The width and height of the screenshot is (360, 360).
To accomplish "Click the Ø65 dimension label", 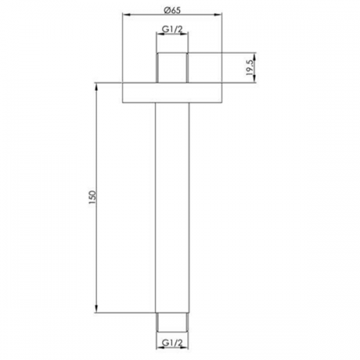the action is [172, 10].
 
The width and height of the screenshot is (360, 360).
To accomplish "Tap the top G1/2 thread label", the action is [172, 30].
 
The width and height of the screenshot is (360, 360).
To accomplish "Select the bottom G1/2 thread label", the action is [172, 343].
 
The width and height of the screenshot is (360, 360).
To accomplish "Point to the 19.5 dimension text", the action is [250, 68].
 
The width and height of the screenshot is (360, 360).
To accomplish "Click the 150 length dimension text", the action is [92, 197].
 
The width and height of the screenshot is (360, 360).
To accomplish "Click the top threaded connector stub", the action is [172, 68].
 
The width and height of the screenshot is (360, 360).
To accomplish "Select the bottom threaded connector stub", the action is [172, 323].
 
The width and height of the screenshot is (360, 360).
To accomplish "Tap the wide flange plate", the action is [172, 93].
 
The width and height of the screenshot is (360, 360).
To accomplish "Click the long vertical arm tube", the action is [172, 208].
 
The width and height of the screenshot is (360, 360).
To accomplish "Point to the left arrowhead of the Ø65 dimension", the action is [126, 15].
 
